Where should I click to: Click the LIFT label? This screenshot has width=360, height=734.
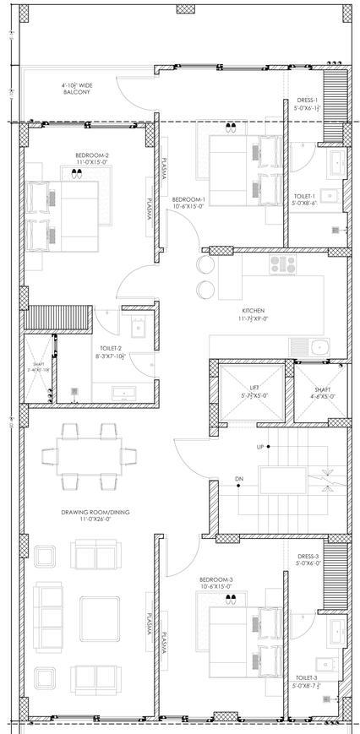tap(253, 390)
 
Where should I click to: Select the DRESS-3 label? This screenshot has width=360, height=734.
tap(307, 557)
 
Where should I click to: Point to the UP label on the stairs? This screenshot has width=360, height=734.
tap(263, 446)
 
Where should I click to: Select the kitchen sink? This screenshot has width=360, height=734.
tap(319, 346)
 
